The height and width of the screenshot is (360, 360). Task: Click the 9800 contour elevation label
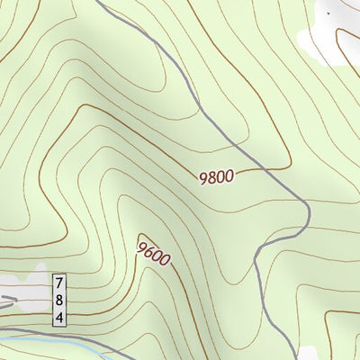[216, 177]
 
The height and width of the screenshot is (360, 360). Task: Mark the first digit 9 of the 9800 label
[203, 179]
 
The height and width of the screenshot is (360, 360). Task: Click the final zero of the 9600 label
[165, 261]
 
